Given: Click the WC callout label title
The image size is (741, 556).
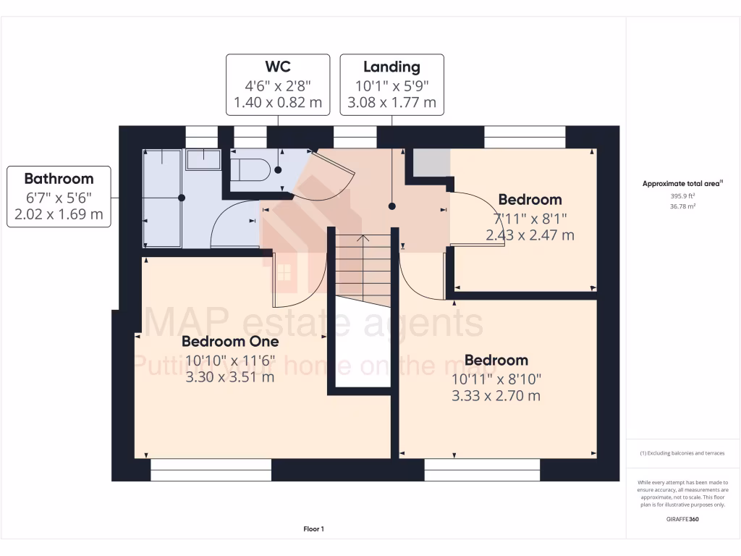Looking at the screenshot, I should pos(278,67).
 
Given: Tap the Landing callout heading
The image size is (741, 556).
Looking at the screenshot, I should pos(391,67).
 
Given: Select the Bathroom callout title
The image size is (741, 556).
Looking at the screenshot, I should pos(59,178).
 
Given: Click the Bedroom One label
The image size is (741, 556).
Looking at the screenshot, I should pos(230,341).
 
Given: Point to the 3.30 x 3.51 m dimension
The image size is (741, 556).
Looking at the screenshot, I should pos(230,376).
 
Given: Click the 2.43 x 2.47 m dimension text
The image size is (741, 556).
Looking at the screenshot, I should pos(530,235).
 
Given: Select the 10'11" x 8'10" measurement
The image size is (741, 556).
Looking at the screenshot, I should pos(496,379).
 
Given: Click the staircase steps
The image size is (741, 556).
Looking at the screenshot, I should pos(363,268).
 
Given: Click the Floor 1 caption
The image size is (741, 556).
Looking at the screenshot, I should pos(314,529).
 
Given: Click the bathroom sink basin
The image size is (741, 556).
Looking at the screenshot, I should pos(203,159).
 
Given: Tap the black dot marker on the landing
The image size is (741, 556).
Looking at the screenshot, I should pos(391,206).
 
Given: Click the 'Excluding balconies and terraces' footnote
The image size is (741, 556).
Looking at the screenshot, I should pos(682,453).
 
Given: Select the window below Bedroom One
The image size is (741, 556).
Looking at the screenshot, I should pos(211,470).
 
